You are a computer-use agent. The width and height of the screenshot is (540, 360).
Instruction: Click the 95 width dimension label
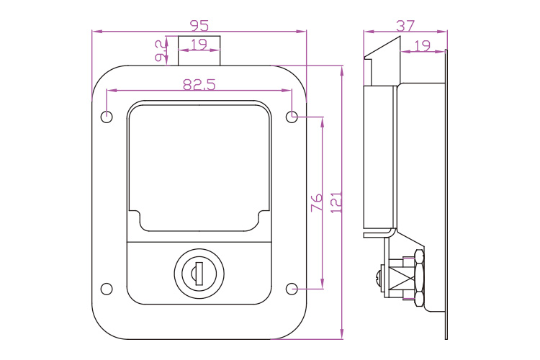pos(199,25)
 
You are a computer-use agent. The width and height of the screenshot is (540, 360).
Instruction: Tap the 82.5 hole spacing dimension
pos(199,84)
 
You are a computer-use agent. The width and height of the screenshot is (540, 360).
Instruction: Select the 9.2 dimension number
pos(161,51)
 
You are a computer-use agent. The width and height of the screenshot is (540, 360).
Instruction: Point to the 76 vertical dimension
pos(317,202)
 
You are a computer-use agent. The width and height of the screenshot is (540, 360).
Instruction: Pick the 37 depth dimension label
pos(405,25)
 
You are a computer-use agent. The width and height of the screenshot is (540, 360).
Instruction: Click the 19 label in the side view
pos(422,45)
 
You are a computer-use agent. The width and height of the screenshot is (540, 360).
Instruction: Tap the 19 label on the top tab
pos(199,44)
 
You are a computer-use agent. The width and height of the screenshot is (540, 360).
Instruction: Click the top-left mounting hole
pos(107,117)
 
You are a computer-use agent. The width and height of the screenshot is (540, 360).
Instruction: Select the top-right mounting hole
pos(292,117)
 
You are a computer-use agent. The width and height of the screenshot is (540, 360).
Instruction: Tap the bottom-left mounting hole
pos(107,289)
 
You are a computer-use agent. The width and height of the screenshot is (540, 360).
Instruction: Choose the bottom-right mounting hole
pos(292,289)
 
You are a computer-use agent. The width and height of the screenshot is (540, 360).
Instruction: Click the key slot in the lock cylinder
pos(199,274)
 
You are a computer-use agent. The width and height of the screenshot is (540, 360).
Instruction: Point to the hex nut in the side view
pos(419,278)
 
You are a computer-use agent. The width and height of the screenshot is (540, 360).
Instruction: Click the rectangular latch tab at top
pos(199,50)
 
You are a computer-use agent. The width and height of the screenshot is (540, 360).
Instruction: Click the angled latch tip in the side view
pos(383,48)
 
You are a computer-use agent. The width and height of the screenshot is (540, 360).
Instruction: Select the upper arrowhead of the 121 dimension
pos(341,71)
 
